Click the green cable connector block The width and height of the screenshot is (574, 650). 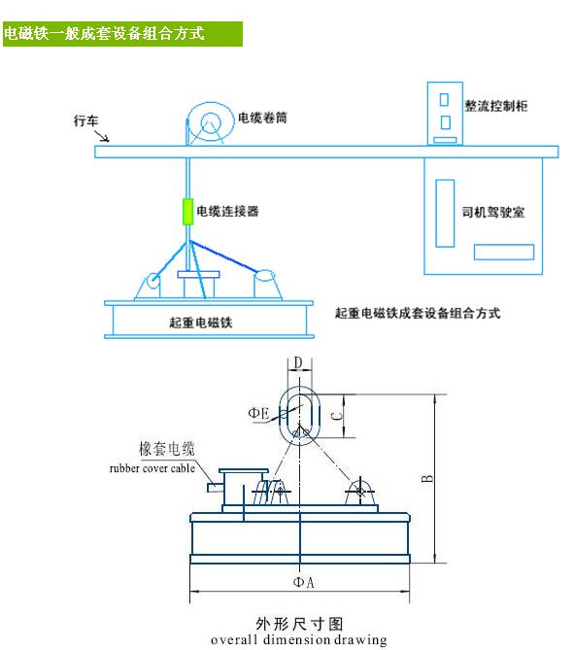pyautogui.click(x=187, y=212)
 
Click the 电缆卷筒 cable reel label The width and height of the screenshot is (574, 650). pyautogui.click(x=262, y=118)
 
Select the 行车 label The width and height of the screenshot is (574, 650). pyautogui.click(x=85, y=120)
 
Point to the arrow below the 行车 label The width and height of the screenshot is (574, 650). pyautogui.click(x=102, y=136)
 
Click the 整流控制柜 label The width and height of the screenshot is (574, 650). pyautogui.click(x=495, y=106)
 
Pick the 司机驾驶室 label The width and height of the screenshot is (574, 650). pyautogui.click(x=493, y=212)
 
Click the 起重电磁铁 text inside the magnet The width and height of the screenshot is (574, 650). pyautogui.click(x=201, y=323)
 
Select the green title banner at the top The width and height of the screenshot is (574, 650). pyautogui.click(x=122, y=34)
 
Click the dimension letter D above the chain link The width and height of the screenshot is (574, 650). pyautogui.click(x=298, y=362)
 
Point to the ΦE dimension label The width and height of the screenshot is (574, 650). pyautogui.click(x=258, y=413)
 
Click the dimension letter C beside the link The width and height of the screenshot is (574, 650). pyautogui.click(x=338, y=416)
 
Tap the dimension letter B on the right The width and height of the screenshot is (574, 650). pyautogui.click(x=427, y=479)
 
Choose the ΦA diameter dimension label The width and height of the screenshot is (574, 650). pyautogui.click(x=303, y=582)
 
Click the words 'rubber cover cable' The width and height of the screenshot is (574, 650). pyautogui.click(x=152, y=468)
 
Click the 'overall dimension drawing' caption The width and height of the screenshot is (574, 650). pyautogui.click(x=298, y=639)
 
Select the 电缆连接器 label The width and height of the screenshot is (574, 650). pyautogui.click(x=227, y=211)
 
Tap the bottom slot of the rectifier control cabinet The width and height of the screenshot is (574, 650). pyautogui.click(x=445, y=140)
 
